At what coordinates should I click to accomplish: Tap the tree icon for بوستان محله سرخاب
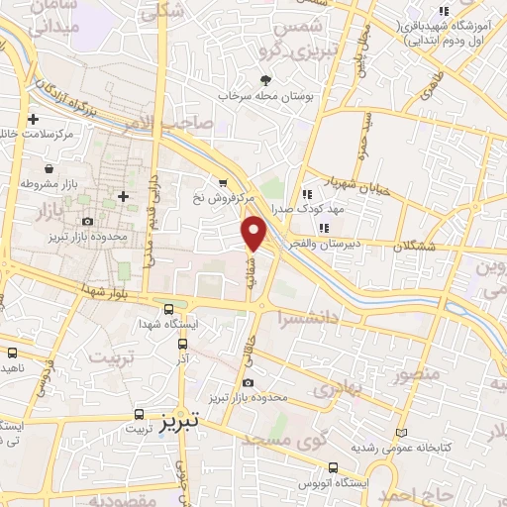[264, 81]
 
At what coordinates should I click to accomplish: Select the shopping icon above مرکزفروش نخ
[224, 182]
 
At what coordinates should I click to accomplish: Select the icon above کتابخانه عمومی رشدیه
[401, 434]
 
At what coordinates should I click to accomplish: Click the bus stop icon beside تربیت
[140, 415]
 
